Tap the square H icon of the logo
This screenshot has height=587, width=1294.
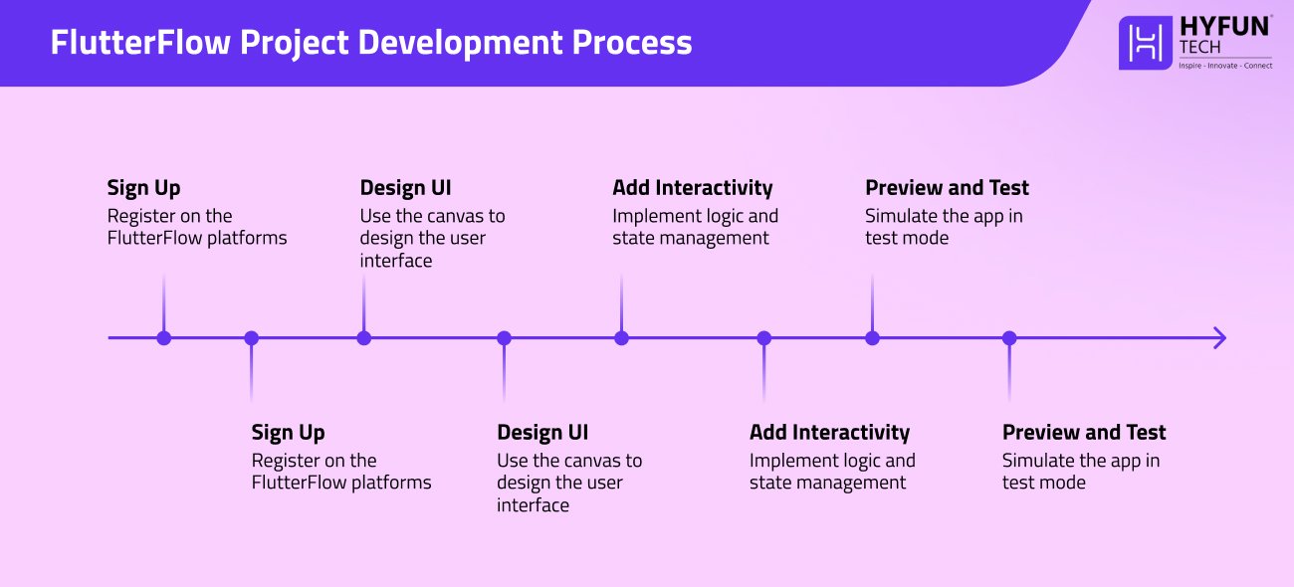1146,43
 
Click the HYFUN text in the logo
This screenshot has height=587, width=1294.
1224,26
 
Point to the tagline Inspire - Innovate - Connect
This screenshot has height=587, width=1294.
1224,64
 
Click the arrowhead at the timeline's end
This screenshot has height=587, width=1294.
1219,338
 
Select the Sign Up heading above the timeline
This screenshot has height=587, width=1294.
143,188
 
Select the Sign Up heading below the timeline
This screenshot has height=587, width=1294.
288,433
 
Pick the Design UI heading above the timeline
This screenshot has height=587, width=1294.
405,188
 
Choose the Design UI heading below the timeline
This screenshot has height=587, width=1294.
542,433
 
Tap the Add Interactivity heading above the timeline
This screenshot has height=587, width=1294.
692,188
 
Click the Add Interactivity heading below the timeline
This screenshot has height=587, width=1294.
829,433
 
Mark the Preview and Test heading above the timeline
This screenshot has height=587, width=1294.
947,188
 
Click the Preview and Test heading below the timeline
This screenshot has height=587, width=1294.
1083,433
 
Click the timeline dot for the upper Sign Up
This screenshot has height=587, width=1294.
164,338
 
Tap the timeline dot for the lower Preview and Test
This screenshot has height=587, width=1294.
1009,338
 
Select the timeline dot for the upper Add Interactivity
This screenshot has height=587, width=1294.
621,338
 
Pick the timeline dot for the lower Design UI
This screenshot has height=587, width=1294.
504,338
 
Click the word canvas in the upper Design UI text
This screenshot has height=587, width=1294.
455,216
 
